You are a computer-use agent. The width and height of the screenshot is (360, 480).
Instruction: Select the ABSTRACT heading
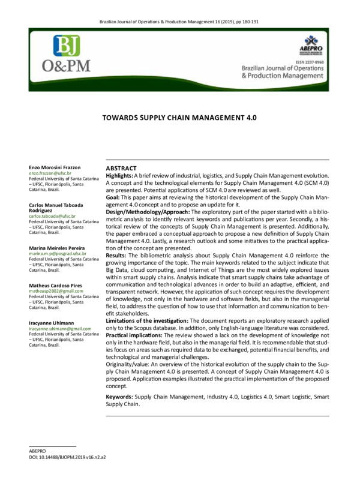click(x=121, y=169)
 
